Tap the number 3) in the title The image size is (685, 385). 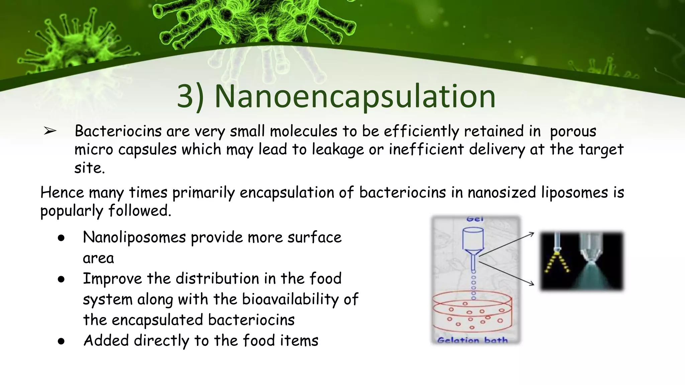pyautogui.click(x=190, y=97)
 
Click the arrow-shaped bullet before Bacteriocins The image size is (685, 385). pyautogui.click(x=50, y=131)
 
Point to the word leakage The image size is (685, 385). pyautogui.click(x=338, y=149)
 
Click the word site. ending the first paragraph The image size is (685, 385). pyautogui.click(x=89, y=168)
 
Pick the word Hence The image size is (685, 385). pyautogui.click(x=62, y=193)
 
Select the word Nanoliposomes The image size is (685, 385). pyautogui.click(x=134, y=238)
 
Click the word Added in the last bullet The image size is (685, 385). pyautogui.click(x=106, y=341)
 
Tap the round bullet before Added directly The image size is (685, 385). pyautogui.click(x=61, y=342)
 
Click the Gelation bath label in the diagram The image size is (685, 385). pyautogui.click(x=472, y=340)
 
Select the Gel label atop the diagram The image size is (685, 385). pyautogui.click(x=475, y=219)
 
